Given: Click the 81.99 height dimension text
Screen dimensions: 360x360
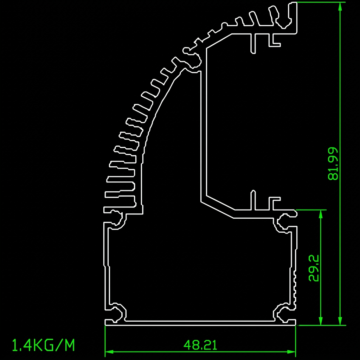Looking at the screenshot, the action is coord(333,164).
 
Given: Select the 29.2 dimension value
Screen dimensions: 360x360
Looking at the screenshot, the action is coord(314,268).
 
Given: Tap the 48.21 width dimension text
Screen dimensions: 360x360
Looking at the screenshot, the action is coord(200,345).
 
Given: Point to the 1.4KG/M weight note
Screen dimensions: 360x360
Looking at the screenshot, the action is coord(43,345).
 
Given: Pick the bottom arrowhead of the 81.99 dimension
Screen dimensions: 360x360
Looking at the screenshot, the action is coord(340,321).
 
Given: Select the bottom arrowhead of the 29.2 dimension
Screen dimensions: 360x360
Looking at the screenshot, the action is coord(321,321).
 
